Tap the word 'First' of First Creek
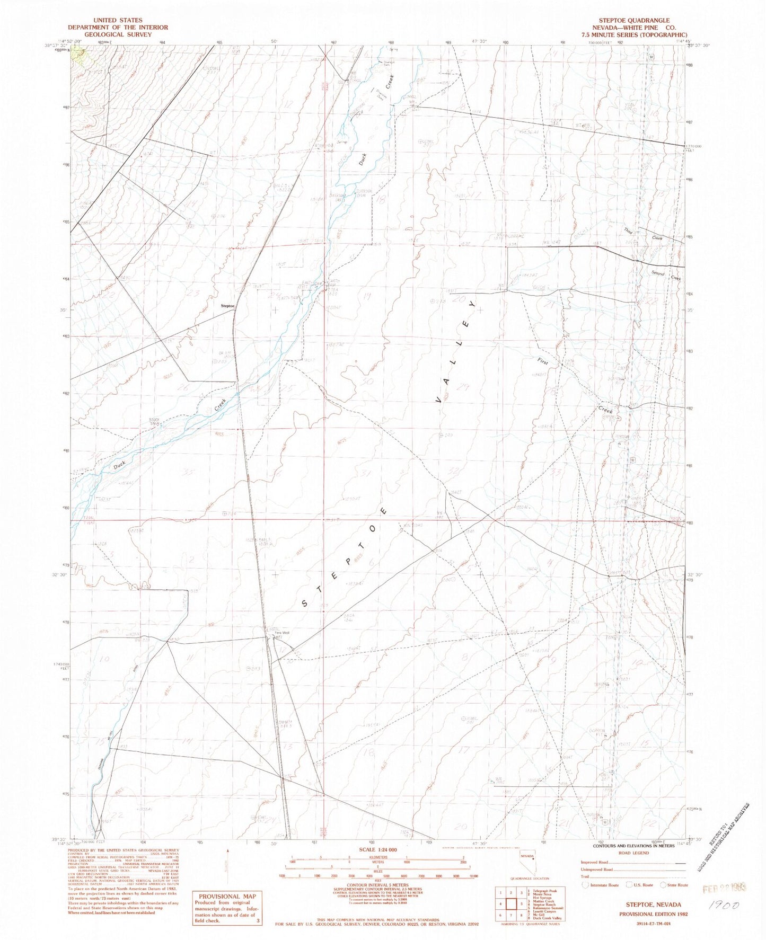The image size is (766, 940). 543,360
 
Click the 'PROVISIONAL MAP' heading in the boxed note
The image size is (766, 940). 227,897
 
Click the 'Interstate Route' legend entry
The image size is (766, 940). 603,885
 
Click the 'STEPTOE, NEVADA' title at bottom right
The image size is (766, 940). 645,904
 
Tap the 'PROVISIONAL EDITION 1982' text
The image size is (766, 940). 645,914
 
